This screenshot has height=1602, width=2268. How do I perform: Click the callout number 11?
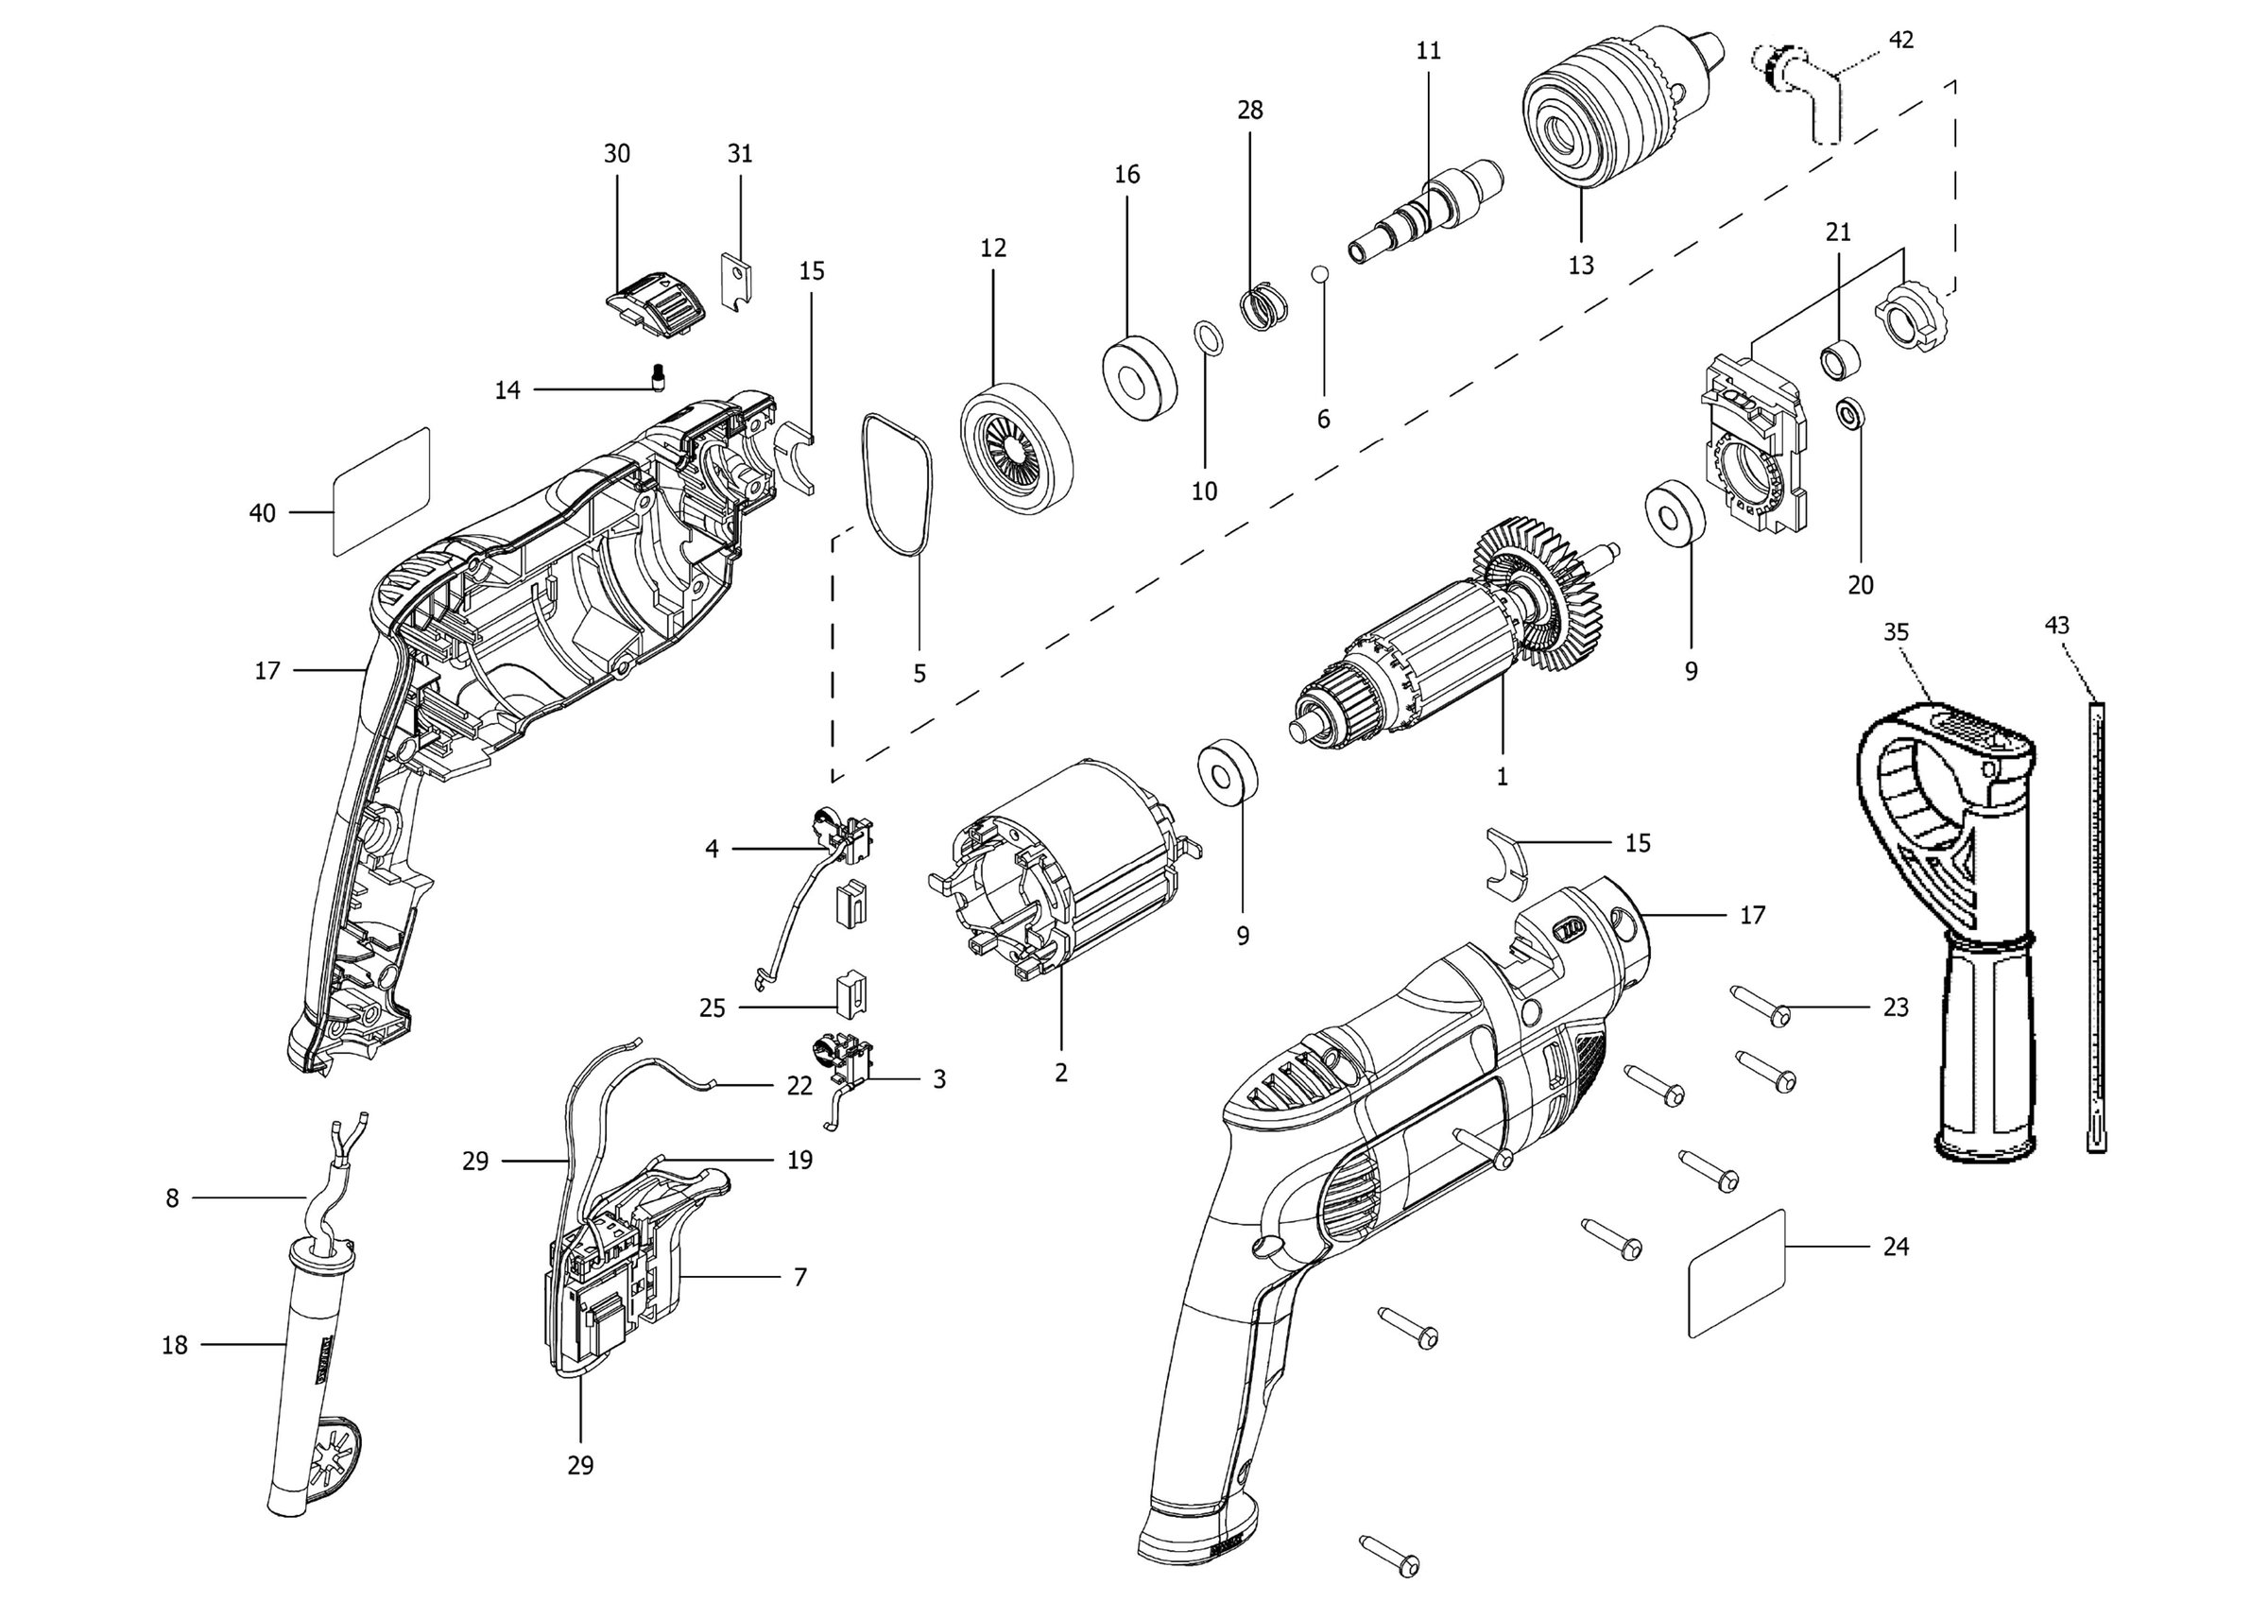click(1428, 51)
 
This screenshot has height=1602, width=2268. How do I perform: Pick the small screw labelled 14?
click(659, 376)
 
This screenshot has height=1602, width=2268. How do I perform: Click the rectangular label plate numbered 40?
click(380, 491)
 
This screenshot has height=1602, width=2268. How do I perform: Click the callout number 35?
click(1896, 632)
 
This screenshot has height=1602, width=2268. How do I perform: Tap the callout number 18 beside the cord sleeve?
click(175, 1345)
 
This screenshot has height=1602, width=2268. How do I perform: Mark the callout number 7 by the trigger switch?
click(799, 1277)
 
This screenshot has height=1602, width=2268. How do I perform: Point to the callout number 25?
click(713, 1008)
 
